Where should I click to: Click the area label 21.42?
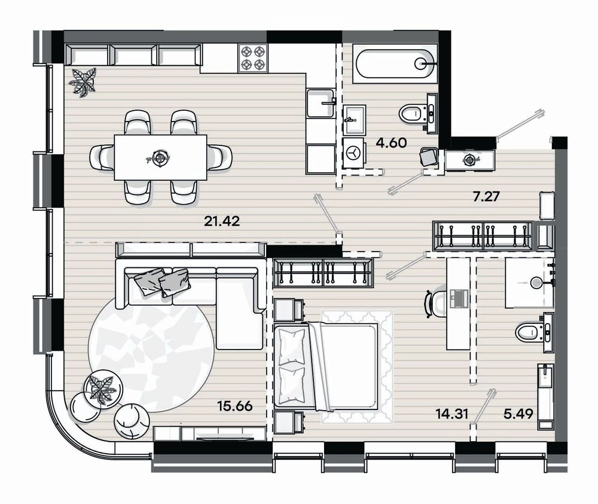(x=222, y=221)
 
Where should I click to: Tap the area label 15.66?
(x=235, y=406)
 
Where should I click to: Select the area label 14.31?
(x=452, y=414)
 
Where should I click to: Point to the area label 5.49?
(x=518, y=414)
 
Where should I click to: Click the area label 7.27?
(x=486, y=197)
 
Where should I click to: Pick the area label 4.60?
(x=391, y=143)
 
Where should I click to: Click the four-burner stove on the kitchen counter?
(x=253, y=57)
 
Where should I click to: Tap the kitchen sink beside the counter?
(x=321, y=103)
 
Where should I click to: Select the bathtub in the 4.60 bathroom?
(x=394, y=64)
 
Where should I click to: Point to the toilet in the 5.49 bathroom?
(x=533, y=332)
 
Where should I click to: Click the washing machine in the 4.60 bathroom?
(x=355, y=153)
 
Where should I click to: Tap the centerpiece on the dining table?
(x=159, y=157)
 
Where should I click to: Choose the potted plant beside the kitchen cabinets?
(x=83, y=82)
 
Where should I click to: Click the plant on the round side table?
(x=101, y=390)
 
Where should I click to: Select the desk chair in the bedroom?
(x=435, y=303)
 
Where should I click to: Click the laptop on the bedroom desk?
(x=457, y=298)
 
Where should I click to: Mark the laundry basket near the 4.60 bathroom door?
(x=429, y=157)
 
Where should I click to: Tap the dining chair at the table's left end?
(x=102, y=157)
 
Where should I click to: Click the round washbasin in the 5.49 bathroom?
(x=536, y=283)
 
